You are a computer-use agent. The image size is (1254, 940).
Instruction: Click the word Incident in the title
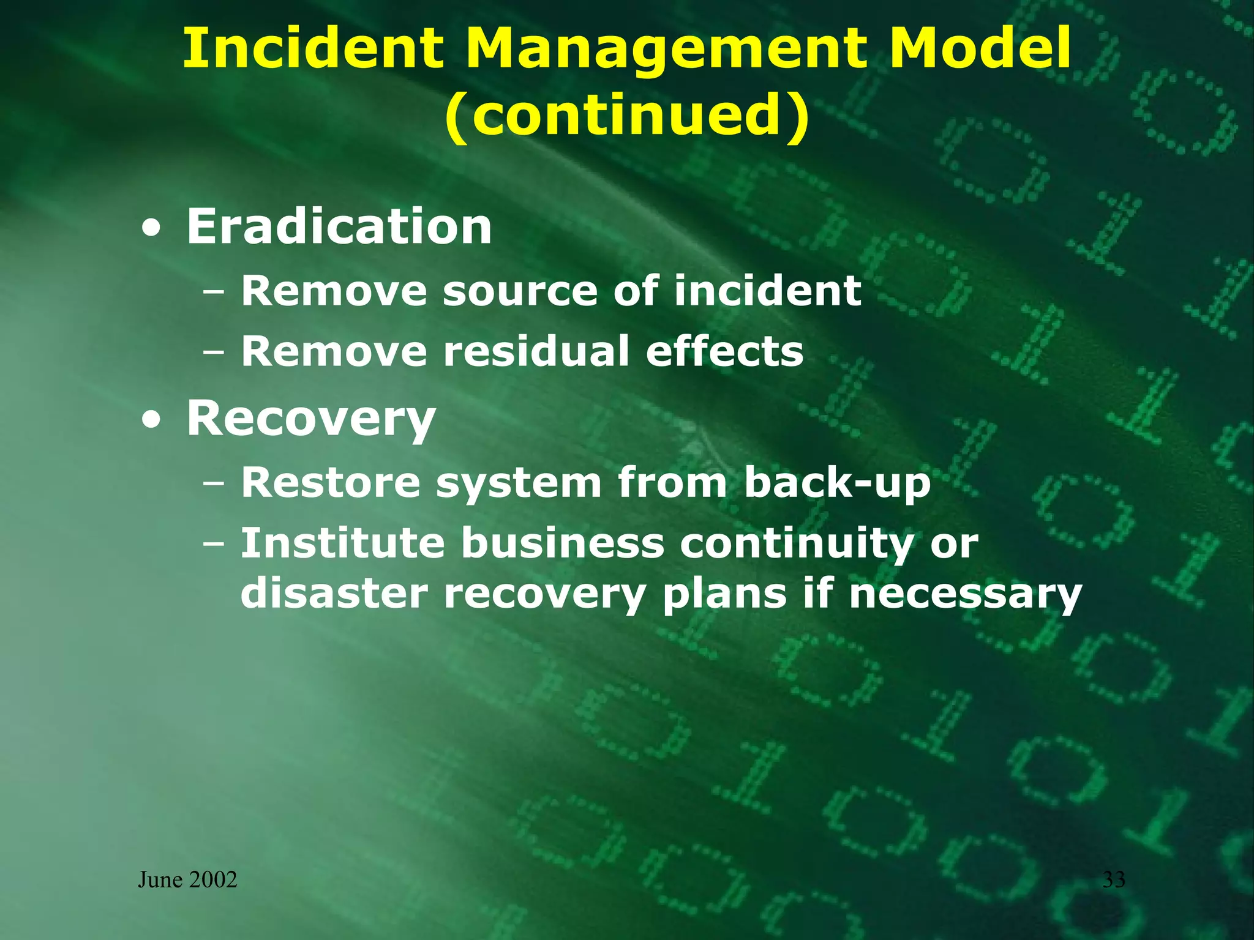click(313, 48)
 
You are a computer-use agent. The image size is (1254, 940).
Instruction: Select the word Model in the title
click(980, 48)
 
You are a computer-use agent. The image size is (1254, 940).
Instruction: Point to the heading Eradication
click(339, 226)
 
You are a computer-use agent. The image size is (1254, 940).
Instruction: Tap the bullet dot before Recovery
click(151, 420)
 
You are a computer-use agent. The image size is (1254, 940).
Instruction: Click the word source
click(520, 291)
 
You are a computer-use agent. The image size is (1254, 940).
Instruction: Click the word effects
click(724, 351)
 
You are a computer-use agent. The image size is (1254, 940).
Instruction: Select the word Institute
click(342, 543)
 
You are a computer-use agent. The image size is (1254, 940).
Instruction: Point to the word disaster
click(334, 594)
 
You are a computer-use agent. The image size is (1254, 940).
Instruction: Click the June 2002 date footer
click(187, 880)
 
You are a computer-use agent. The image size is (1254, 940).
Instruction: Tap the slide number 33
click(1114, 880)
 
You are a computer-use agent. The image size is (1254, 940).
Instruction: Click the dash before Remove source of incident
click(214, 293)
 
